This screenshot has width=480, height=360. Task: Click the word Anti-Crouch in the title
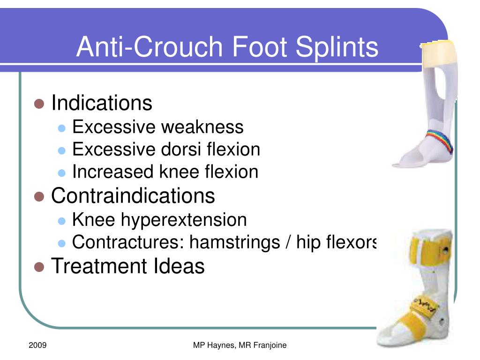(x=150, y=46)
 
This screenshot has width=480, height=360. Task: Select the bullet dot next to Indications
(x=39, y=104)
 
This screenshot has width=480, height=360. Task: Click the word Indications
(x=102, y=103)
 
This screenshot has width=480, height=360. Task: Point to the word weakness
(x=202, y=127)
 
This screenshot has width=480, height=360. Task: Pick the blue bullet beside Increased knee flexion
(x=62, y=173)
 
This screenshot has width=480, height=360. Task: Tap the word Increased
(x=113, y=172)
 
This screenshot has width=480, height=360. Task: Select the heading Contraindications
(x=133, y=195)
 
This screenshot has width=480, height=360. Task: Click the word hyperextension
(x=184, y=220)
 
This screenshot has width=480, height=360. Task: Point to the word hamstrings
(x=235, y=242)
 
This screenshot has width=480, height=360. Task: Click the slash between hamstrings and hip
(x=288, y=242)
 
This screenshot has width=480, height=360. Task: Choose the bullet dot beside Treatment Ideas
(x=39, y=267)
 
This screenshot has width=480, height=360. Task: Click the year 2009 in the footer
(x=37, y=345)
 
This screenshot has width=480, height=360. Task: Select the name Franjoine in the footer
(x=270, y=345)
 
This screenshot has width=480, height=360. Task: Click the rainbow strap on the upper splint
(x=441, y=140)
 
